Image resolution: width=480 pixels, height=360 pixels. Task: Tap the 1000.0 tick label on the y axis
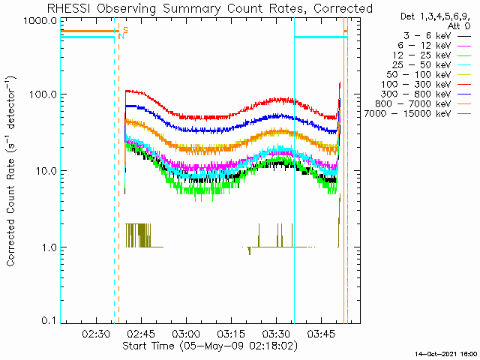(x=40, y=21)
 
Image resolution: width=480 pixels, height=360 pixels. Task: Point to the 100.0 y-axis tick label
(x=43, y=94)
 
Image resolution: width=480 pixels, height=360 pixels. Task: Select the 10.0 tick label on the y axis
(x=46, y=170)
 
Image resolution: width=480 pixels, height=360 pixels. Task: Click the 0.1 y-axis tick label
(x=49, y=320)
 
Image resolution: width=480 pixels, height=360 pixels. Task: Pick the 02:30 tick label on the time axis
(x=96, y=334)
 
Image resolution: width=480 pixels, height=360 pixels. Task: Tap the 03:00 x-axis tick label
(x=186, y=334)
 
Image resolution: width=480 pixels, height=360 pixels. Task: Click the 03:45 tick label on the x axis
(x=321, y=334)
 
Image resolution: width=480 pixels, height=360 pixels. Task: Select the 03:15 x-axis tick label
(x=231, y=334)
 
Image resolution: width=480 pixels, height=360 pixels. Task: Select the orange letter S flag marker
(x=125, y=30)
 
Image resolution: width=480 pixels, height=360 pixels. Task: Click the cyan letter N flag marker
(x=121, y=36)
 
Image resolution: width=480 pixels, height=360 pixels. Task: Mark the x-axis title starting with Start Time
(x=210, y=346)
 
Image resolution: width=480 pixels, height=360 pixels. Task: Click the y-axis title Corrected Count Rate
(x=11, y=171)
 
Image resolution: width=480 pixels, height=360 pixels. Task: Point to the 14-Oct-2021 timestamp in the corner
(x=445, y=354)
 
